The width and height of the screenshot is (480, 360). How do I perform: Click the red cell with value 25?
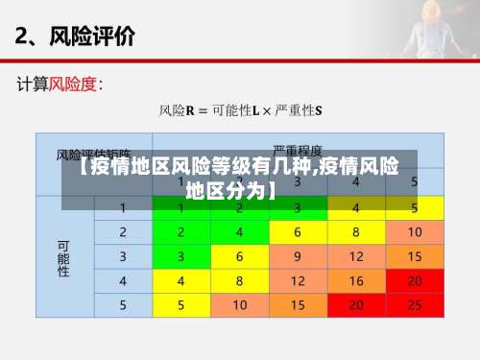point(414,305)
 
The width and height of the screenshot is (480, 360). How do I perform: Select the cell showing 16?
point(356,281)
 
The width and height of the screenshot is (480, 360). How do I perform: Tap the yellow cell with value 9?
point(298,256)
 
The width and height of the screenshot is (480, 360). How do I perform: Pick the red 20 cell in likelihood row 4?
point(414,281)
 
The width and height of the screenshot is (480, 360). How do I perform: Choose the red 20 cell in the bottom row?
point(356,305)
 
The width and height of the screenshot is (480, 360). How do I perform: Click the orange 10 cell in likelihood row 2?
point(414,232)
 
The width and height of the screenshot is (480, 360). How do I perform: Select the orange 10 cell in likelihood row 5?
point(239,305)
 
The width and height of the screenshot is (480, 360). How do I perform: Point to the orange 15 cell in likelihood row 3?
point(414,256)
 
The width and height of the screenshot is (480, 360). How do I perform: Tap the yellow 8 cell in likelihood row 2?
point(356,232)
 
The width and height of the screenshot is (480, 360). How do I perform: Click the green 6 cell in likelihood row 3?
point(239,256)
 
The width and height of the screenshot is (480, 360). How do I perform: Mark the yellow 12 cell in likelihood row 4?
point(298,281)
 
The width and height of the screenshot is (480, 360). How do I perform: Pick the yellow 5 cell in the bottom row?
point(180,305)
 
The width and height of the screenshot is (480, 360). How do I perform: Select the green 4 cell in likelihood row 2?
point(239,232)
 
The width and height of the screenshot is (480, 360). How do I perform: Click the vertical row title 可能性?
point(64,257)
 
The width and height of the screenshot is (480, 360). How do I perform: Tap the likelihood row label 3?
point(123,256)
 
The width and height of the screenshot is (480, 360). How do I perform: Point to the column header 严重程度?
point(298,152)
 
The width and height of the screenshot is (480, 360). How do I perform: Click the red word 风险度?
point(73,84)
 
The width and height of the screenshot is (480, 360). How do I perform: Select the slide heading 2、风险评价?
point(75,36)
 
